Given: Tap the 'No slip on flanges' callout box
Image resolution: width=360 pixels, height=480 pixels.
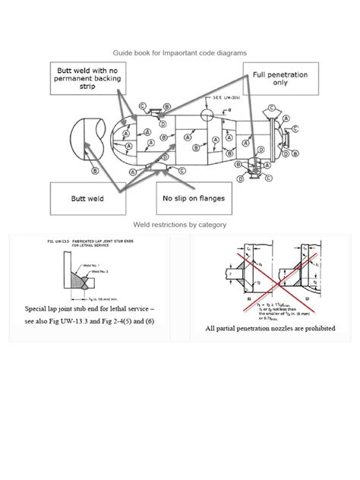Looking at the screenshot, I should (x=189, y=200).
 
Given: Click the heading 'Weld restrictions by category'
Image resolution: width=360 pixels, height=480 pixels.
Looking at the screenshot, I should (x=179, y=225).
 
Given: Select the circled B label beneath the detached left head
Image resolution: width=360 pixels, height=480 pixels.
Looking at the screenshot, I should (x=94, y=172).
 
